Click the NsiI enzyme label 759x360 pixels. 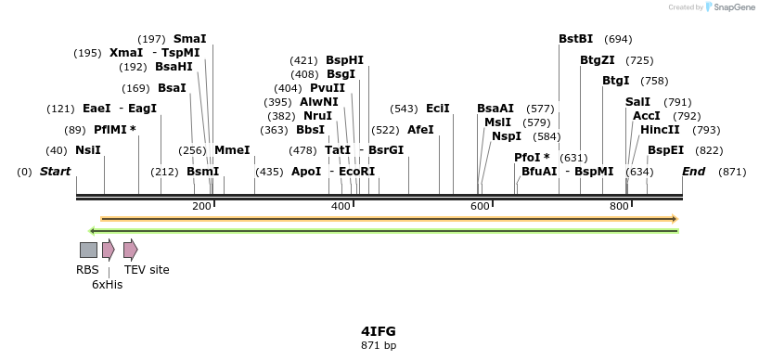click(88, 149)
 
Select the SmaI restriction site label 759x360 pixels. click(189, 38)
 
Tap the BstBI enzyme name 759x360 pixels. click(575, 38)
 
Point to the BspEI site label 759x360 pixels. click(665, 149)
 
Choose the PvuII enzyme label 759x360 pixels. click(328, 87)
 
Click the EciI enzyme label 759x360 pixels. click(438, 108)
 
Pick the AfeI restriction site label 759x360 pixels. click(420, 129)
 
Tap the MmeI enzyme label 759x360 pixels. click(232, 149)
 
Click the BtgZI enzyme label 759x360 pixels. click(598, 59)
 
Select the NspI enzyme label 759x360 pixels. click(507, 135)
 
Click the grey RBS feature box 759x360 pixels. click(88, 250)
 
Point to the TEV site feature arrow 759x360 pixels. click(130, 250)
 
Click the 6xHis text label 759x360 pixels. click(107, 285)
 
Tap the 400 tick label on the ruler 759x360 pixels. click(341, 206)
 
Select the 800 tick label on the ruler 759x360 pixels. click(619, 206)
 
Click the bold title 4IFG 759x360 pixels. click(379, 330)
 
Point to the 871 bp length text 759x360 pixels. click(379, 345)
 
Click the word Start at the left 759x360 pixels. click(56, 172)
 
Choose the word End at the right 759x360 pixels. click(693, 172)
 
